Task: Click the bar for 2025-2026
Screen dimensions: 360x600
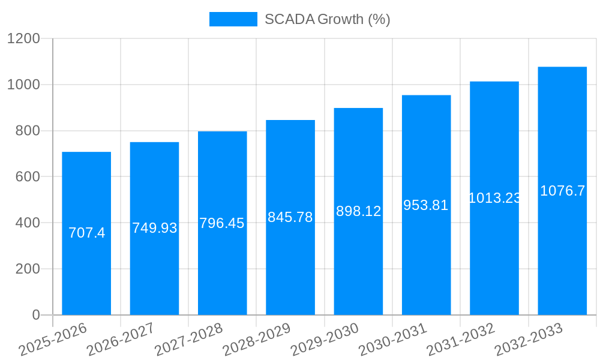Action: pyautogui.click(x=86, y=270)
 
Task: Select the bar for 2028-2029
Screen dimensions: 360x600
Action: pyautogui.click(x=290, y=270)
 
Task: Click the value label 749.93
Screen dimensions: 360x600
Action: pyautogui.click(x=155, y=228)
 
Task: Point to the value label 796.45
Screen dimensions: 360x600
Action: pyautogui.click(x=222, y=223)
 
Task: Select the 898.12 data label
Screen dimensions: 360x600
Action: pyautogui.click(x=358, y=211)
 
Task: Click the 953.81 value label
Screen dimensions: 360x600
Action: pyautogui.click(x=426, y=205)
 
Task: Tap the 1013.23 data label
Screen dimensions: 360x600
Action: pyautogui.click(x=494, y=198)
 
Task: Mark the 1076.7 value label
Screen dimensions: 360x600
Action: pyautogui.click(x=562, y=191)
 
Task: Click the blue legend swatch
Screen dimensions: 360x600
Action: pyautogui.click(x=233, y=19)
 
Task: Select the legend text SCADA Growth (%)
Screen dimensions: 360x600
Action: pyautogui.click(x=328, y=19)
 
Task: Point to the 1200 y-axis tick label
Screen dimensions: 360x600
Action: pyautogui.click(x=23, y=39)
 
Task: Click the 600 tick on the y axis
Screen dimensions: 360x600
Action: pyautogui.click(x=28, y=177)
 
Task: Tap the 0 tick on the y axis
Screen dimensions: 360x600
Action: pyautogui.click(x=35, y=315)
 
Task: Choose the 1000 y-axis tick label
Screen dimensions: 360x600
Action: pyautogui.click(x=23, y=85)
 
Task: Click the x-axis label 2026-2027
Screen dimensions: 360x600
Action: pyautogui.click(x=120, y=340)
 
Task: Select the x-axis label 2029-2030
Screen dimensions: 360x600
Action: pyautogui.click(x=324, y=340)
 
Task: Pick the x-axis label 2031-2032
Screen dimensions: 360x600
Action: pyautogui.click(x=460, y=340)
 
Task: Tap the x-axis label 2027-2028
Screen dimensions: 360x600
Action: pyautogui.click(x=188, y=340)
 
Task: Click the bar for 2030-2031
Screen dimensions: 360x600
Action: pyautogui.click(x=426, y=270)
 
